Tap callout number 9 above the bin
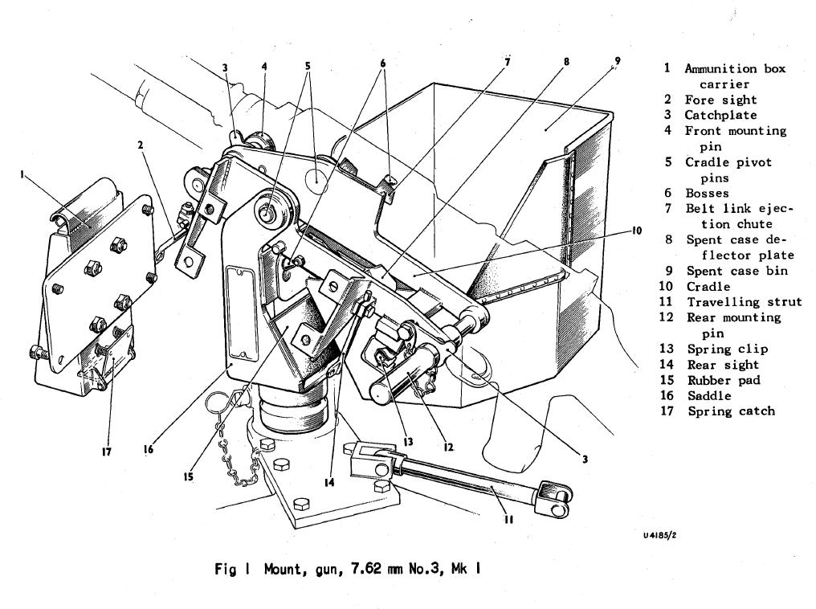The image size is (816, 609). point(617,61)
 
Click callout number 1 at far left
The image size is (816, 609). point(22,173)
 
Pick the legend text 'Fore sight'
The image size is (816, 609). point(720,100)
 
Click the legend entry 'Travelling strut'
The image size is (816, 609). point(744,302)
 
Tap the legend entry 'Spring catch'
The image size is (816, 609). point(731,411)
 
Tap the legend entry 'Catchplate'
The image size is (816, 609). point(720,115)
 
